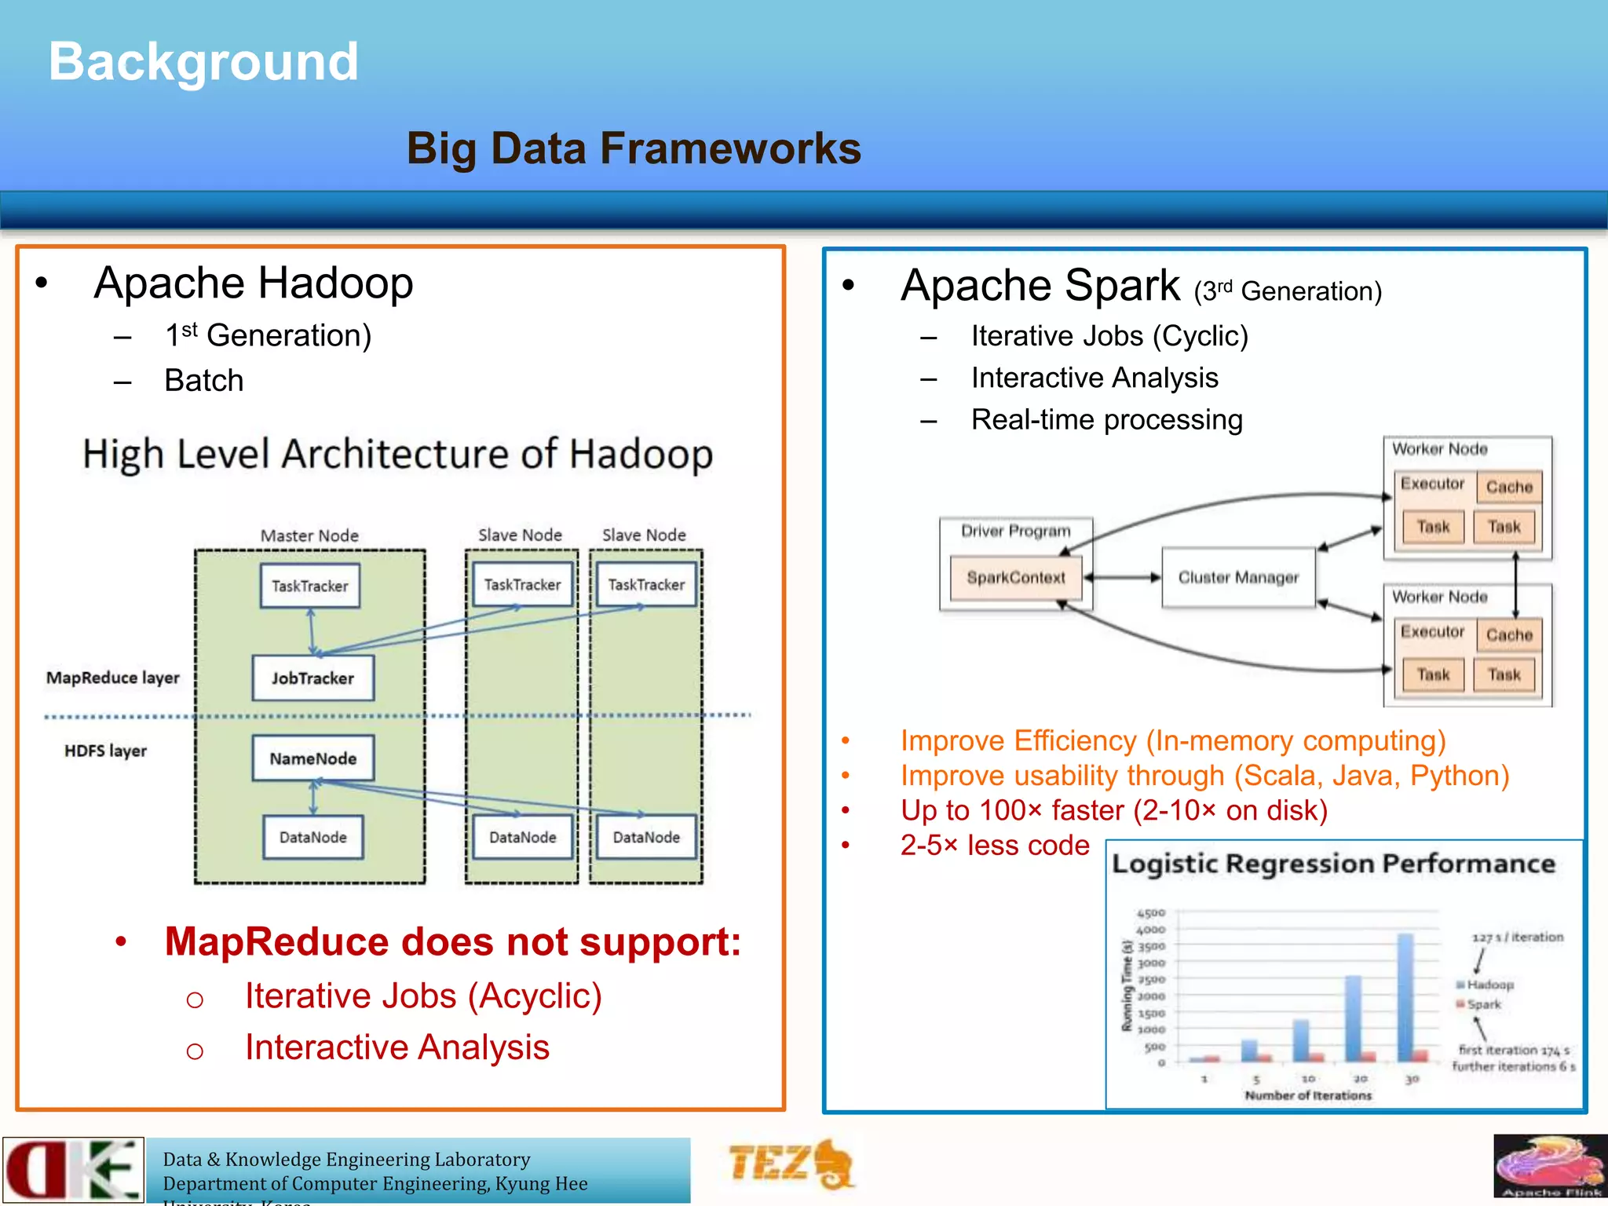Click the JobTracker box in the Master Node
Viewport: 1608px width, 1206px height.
click(312, 678)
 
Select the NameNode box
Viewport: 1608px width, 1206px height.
click(312, 758)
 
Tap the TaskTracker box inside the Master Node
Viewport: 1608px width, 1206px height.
click(309, 586)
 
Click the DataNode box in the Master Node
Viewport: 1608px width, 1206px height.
click(312, 837)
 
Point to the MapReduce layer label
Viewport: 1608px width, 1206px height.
click(112, 678)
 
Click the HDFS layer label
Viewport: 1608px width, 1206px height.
click(105, 751)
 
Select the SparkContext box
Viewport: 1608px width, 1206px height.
click(1015, 578)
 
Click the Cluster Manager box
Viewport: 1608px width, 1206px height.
click(1237, 578)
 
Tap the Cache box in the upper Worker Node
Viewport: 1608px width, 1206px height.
click(1508, 487)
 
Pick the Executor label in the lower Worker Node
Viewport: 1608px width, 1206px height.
click(1432, 632)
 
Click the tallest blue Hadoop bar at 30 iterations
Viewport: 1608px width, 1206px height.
click(1405, 997)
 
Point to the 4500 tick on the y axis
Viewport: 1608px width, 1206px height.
click(1151, 913)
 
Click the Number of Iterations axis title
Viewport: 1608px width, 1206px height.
click(1308, 1095)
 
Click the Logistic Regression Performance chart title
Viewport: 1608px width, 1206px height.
click(1332, 864)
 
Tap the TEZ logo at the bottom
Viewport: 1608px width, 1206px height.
click(789, 1164)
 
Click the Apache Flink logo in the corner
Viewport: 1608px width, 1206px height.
click(1549, 1166)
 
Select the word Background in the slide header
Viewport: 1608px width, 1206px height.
click(203, 61)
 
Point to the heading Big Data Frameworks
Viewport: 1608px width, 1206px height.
click(633, 148)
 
